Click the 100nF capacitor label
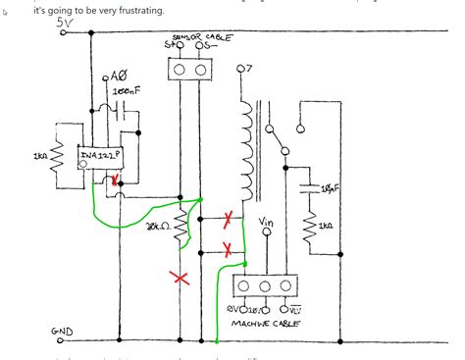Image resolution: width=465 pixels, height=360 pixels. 126,89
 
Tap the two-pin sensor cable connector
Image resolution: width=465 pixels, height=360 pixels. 191,70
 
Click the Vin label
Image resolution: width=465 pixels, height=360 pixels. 265,223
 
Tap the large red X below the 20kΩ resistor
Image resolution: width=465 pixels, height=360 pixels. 180,279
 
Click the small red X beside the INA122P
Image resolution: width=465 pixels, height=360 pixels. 118,180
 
